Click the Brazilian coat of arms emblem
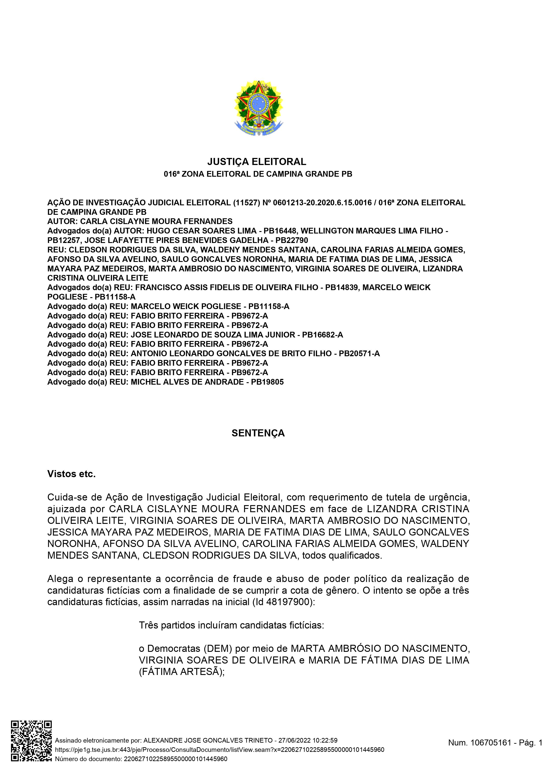coord(258,108)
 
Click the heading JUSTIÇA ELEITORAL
coord(257,162)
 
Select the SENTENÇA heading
coord(258,433)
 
